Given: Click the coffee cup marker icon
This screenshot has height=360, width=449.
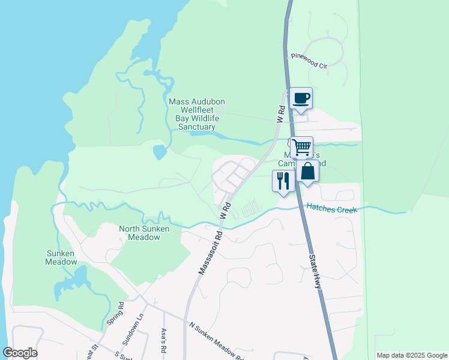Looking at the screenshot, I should tap(301, 98).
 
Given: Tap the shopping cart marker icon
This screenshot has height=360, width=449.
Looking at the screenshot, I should tap(301, 146).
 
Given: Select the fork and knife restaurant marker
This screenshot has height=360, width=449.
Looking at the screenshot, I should tap(283, 180).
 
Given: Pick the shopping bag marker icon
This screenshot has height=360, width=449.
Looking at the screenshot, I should tap(307, 171).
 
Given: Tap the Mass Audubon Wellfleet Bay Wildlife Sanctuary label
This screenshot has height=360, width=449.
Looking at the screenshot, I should tap(195, 114).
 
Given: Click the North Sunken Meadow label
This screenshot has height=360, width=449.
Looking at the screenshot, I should tap(143, 233).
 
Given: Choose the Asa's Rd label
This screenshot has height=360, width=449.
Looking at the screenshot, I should tap(163, 340).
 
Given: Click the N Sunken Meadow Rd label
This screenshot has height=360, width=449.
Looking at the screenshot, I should tap(215, 342).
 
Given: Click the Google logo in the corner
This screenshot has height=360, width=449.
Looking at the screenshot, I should tap(20, 353).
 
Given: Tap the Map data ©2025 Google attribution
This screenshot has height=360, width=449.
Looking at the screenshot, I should tap(412, 355).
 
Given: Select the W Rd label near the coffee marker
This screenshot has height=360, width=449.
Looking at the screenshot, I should tap(280, 114).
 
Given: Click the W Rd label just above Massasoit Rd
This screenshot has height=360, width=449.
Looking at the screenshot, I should tap(226, 210).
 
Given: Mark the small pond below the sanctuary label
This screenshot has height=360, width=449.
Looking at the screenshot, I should tap(159, 152).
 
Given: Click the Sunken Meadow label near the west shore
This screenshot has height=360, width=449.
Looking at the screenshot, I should tap(62, 257).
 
